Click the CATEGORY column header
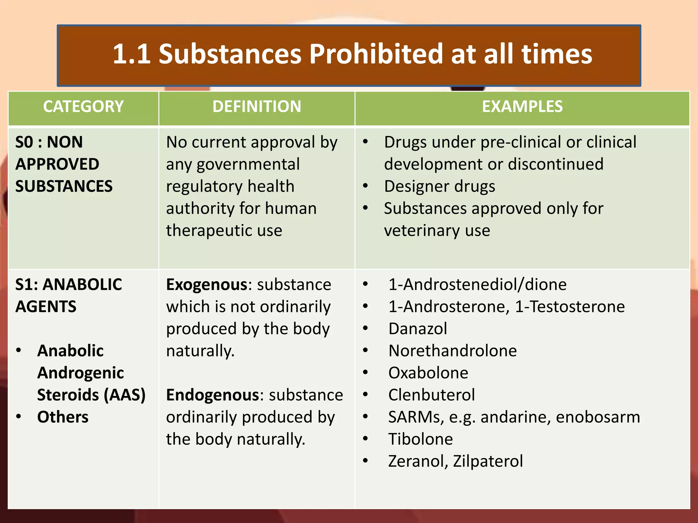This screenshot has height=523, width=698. coord(83,107)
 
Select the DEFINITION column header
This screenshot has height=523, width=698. coord(257,107)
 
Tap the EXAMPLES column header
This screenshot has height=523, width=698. coord(522,107)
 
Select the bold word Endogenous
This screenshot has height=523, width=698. coord(213,395)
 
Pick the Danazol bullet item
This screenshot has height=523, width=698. coord(418,329)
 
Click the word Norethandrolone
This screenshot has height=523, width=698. coord(452,351)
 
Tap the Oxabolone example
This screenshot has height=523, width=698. coord(428,373)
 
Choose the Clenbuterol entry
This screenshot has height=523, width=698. coord(431,395)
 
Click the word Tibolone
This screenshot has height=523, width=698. coord(421,439)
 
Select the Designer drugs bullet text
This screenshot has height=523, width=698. coord(440,187)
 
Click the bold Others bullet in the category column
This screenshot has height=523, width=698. coord(63,417)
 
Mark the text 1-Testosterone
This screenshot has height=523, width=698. coord(570,307)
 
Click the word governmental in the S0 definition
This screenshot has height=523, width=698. coord(248,165)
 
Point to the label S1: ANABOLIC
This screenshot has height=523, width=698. coord(69,285)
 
